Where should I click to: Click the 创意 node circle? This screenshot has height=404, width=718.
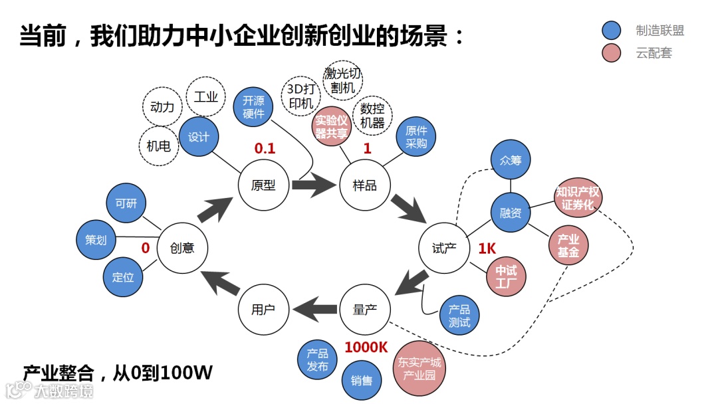click(x=183, y=248)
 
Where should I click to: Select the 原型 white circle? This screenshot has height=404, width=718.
click(x=263, y=185)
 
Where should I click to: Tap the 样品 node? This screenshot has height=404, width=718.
click(x=365, y=185)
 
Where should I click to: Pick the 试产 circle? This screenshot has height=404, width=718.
click(x=444, y=248)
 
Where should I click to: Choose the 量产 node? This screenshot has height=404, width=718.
click(x=365, y=310)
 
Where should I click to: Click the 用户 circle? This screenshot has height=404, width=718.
click(x=263, y=310)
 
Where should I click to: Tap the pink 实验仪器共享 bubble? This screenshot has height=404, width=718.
click(x=331, y=128)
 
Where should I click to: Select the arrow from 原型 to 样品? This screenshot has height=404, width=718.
click(x=314, y=185)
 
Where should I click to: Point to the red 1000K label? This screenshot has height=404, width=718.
click(x=366, y=347)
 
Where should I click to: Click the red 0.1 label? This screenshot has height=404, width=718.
click(x=265, y=148)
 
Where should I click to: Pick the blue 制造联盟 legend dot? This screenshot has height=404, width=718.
click(x=611, y=31)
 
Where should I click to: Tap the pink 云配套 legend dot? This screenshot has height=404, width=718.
click(x=611, y=53)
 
